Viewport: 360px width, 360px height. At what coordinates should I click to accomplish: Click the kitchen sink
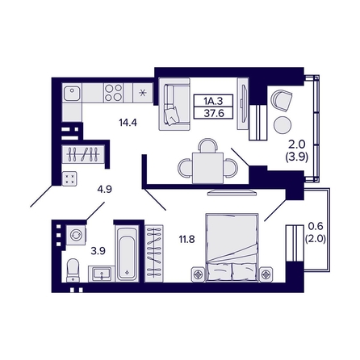tap(72, 93)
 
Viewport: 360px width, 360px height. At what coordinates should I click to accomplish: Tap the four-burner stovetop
tap(113, 93)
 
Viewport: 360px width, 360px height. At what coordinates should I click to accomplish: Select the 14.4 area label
tap(128, 123)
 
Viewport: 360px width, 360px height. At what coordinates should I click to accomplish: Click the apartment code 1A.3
tap(213, 102)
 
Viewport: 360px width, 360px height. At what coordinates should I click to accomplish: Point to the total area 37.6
tap(214, 113)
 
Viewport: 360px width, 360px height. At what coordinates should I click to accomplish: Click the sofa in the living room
tap(174, 104)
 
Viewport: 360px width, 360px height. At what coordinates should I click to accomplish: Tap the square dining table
tap(207, 168)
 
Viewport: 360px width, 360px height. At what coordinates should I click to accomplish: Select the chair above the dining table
tap(207, 145)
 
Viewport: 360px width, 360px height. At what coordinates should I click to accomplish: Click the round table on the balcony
tap(283, 125)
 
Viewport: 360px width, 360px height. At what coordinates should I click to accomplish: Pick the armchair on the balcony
tap(282, 100)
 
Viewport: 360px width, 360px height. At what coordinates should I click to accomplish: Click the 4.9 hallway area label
tap(105, 190)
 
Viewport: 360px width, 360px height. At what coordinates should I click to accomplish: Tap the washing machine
tap(76, 235)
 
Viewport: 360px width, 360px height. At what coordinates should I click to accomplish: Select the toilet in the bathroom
tap(73, 270)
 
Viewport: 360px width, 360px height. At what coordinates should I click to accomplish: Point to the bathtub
tap(128, 253)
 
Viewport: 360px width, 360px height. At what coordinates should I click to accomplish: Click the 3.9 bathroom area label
tap(98, 251)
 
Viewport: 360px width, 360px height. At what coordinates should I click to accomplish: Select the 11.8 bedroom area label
tap(187, 239)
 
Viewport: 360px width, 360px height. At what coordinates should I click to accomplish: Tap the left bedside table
tap(199, 274)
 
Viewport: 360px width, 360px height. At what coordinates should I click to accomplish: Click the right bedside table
tap(266, 274)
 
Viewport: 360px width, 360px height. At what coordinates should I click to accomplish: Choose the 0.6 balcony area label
tap(316, 226)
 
